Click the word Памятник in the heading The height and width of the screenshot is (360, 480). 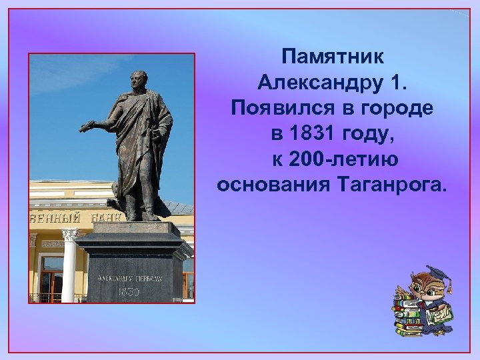point(332,56)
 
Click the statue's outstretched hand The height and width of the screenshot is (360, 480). point(85,125)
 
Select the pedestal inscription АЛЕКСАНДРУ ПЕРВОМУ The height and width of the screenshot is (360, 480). point(128,277)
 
